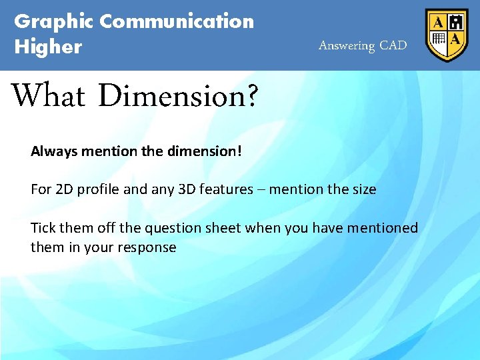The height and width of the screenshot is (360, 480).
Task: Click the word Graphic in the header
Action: [54, 22]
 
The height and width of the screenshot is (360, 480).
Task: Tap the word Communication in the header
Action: [177, 22]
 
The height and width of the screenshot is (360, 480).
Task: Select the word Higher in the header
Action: [48, 47]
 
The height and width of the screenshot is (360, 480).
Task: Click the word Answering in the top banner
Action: [347, 46]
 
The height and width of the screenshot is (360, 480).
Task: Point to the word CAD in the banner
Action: [393, 46]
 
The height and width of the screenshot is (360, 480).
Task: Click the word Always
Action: [54, 151]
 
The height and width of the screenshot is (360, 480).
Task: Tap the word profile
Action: [99, 189]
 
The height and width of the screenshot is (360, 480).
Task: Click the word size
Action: [363, 189]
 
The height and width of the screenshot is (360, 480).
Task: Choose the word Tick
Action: [43, 228]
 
